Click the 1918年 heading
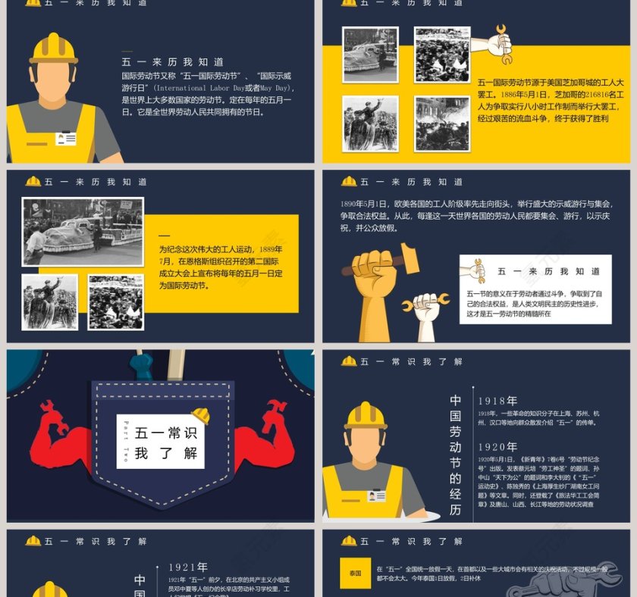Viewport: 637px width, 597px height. point(497,401)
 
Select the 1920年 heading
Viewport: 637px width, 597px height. point(497,447)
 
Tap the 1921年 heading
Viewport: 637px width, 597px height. point(187,567)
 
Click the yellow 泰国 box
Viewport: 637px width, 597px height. point(355,574)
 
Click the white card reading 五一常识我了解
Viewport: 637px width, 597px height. point(160,441)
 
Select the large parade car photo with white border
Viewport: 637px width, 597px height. point(83,231)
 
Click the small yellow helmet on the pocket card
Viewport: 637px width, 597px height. point(201,415)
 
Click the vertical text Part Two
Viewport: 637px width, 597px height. point(126,441)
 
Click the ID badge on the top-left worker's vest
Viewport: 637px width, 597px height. point(66,139)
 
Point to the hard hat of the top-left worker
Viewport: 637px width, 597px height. point(54,48)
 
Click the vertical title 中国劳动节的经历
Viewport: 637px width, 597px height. point(455,455)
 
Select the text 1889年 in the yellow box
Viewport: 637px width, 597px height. point(271,249)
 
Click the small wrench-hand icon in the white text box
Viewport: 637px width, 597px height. point(476,270)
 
